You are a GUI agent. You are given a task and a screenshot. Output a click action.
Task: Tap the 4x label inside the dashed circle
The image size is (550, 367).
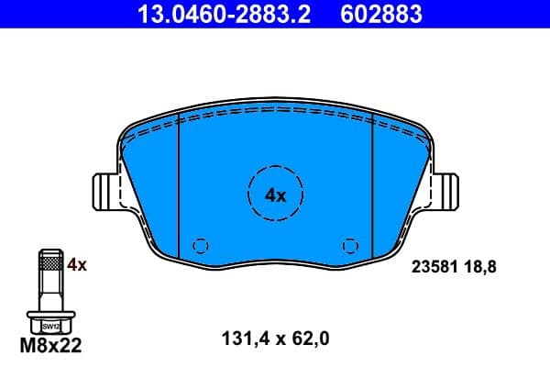[x=275, y=195]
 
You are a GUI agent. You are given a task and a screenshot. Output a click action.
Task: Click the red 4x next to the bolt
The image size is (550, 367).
[x=77, y=265]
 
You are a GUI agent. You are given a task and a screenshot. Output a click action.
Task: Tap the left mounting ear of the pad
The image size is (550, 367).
[x=105, y=195]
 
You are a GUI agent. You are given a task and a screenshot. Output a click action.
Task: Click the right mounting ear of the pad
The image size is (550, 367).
[x=445, y=195]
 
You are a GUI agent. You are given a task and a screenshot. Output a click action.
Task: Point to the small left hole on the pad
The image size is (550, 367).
[x=203, y=246]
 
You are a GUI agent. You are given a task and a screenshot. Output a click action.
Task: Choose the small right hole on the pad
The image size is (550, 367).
[x=348, y=246]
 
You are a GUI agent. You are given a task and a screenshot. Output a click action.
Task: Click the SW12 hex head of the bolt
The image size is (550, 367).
[x=49, y=325]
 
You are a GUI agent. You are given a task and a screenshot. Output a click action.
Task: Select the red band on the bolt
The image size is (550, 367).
[x=49, y=264]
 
